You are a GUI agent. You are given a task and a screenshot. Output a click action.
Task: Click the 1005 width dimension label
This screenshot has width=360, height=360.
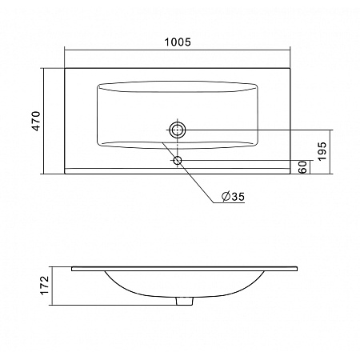178,42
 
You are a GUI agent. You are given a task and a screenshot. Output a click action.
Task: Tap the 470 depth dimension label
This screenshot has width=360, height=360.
36,121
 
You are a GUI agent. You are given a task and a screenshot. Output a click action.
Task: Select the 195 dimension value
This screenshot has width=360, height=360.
322,151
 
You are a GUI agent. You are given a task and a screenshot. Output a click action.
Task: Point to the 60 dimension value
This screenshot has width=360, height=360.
303,167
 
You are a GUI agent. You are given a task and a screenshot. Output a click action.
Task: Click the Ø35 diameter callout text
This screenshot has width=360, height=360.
233,197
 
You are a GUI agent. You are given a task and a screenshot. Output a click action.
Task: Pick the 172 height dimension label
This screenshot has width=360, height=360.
45,286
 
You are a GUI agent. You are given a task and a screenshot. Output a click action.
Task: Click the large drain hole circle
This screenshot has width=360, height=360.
178,130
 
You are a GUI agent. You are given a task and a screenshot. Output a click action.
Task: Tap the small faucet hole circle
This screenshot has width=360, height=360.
178,161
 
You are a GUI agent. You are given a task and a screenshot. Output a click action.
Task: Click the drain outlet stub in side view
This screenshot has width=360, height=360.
184,301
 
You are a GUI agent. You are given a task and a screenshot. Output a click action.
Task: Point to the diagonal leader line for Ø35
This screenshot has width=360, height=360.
189,173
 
